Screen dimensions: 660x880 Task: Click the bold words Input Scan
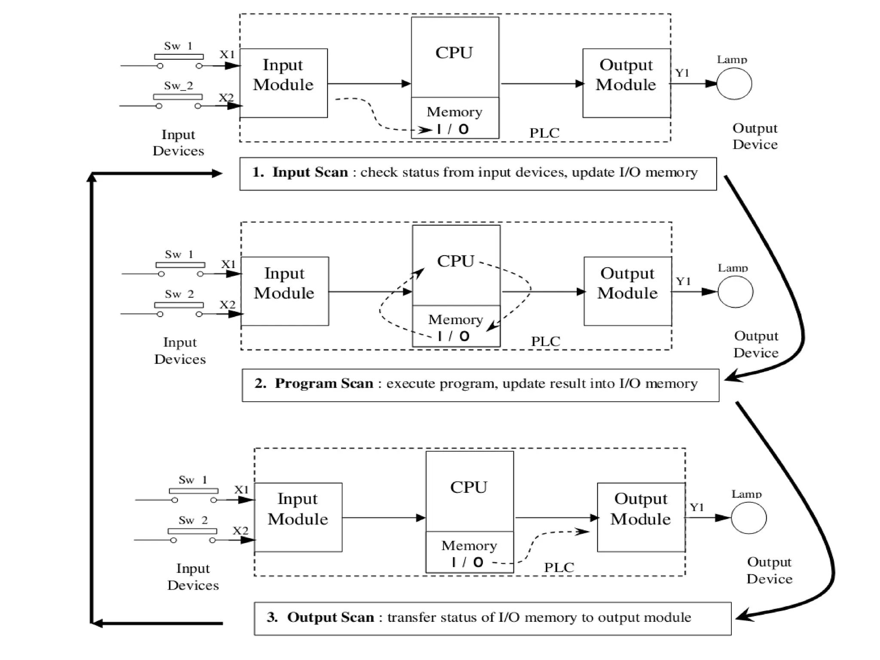coord(310,172)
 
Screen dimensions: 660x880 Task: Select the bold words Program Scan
coord(324,383)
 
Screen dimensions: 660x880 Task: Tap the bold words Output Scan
coord(330,617)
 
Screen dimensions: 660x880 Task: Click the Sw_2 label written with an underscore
coord(178,86)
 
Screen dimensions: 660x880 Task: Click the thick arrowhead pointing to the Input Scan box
coord(217,174)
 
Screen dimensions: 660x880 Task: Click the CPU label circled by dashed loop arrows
coord(455,261)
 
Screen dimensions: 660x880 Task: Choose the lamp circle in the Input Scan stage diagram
coord(734,84)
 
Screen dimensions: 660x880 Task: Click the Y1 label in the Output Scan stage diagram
coord(697,507)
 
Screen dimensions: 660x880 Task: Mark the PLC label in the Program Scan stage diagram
coord(546,342)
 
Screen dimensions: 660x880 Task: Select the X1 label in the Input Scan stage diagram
coord(227,55)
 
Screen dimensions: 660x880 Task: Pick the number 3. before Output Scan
coord(272,617)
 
